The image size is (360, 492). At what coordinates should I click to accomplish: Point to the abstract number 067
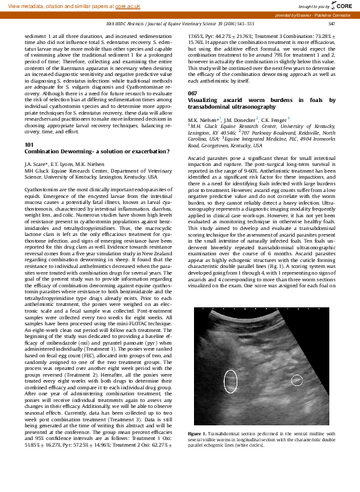pyautogui.click(x=193, y=93)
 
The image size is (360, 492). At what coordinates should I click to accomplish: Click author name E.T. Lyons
pyautogui.click(x=62, y=163)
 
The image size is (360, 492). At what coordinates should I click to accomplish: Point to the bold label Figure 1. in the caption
pyautogui.click(x=199, y=434)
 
